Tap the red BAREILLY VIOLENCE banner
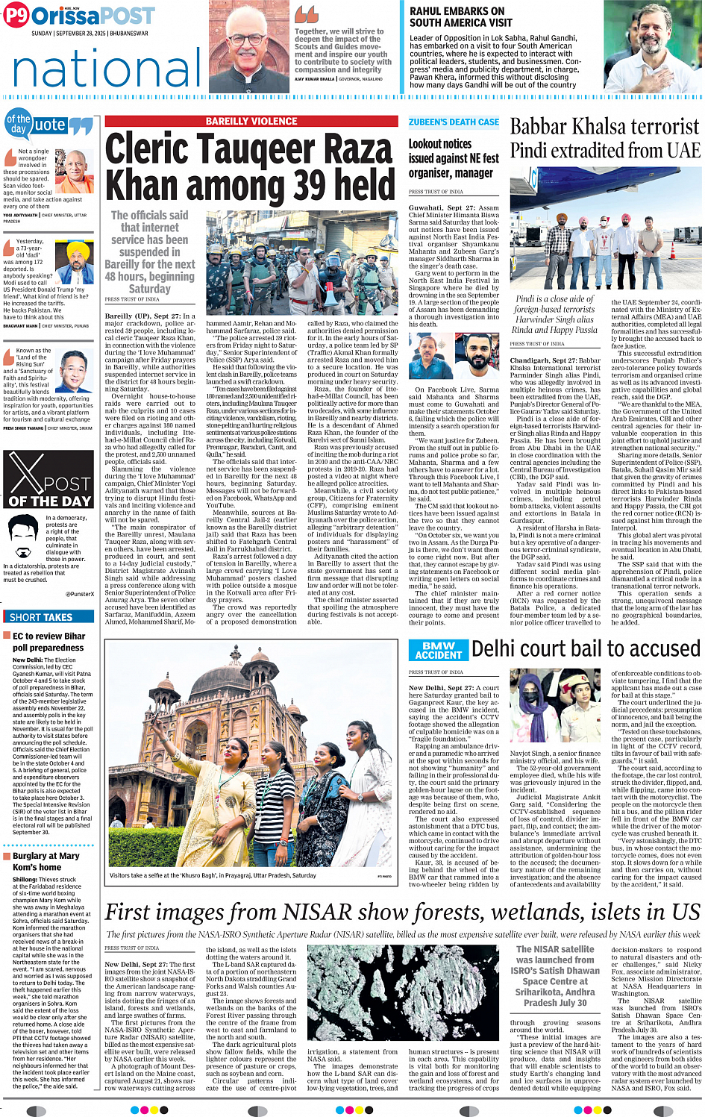[251, 121]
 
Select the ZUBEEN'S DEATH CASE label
[454, 122]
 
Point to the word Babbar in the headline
[545, 127]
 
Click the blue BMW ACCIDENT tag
[438, 650]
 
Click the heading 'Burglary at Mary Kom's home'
[46, 861]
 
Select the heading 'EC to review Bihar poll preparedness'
[49, 642]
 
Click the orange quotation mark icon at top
[306, 14]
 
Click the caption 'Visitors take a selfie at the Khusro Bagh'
[213, 875]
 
